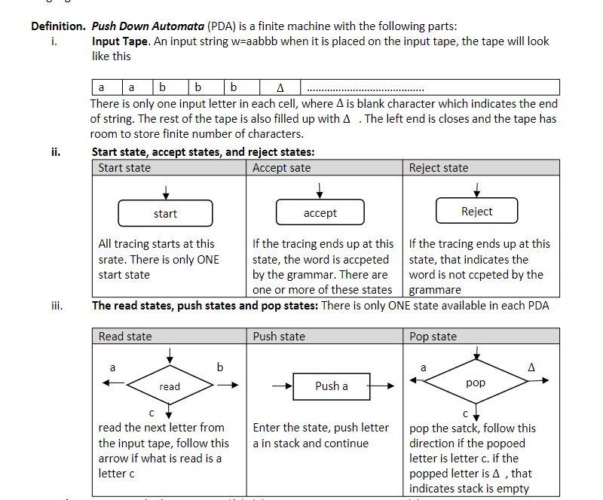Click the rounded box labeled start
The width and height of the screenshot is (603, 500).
(165, 214)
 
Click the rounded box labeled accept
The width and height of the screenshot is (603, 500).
(320, 213)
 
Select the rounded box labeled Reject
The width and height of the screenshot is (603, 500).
(476, 211)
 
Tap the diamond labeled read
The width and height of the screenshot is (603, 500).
(170, 386)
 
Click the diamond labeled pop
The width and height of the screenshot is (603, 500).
(476, 382)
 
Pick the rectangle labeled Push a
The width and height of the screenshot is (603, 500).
(331, 386)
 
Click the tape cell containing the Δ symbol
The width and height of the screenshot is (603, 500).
(280, 87)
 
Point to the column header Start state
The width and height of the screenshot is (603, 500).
(124, 167)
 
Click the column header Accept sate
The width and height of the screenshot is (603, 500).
(281, 167)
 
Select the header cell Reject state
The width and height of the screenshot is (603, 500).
(439, 167)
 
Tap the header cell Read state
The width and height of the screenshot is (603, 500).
(125, 336)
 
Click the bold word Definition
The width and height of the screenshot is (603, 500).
(59, 26)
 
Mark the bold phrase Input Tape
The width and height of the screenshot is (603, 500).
(121, 41)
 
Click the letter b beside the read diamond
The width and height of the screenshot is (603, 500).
(220, 367)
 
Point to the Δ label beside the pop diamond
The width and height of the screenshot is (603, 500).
(531, 367)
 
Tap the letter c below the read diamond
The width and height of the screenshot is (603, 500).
(152, 413)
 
